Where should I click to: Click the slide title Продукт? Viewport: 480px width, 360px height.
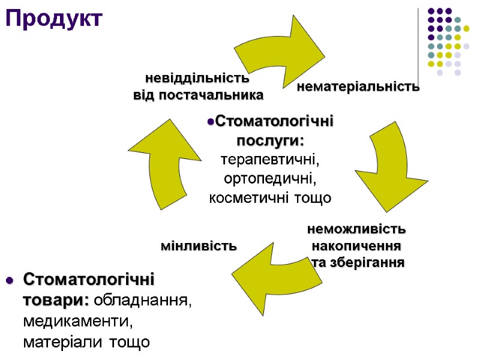point(55,19)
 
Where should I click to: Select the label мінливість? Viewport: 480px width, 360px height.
point(199,246)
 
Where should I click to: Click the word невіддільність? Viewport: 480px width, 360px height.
point(197,78)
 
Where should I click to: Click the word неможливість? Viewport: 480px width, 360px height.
point(356,229)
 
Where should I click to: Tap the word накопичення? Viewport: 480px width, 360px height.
point(356,246)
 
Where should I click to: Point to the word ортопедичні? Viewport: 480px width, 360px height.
point(270,179)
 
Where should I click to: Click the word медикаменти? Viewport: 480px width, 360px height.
point(77,321)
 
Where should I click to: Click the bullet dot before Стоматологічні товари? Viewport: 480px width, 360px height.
point(8,281)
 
